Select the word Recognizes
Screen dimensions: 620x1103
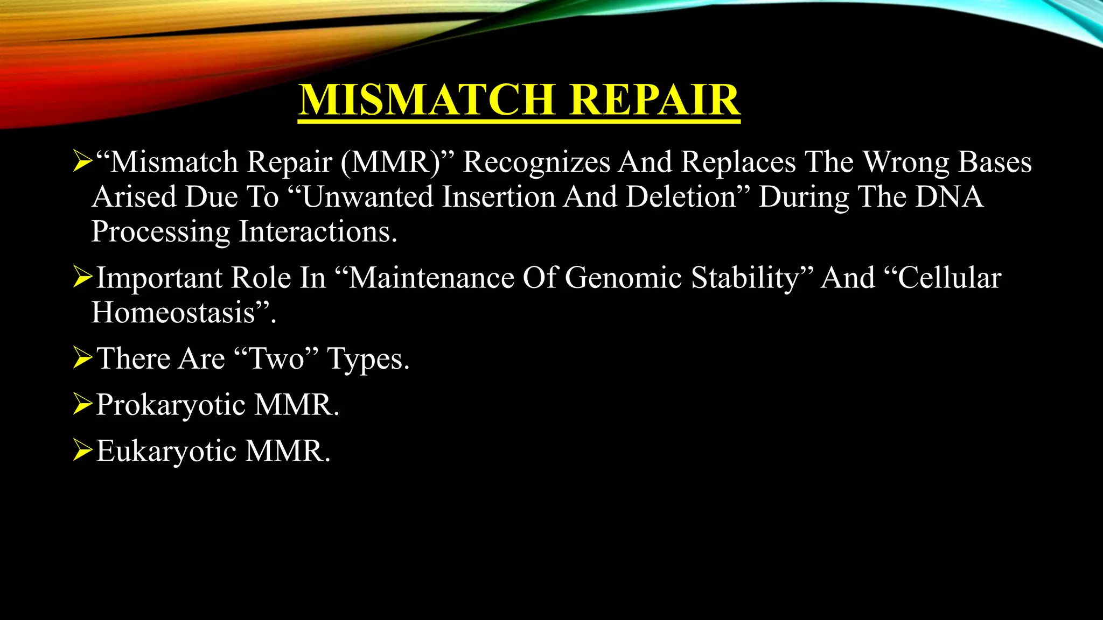536,162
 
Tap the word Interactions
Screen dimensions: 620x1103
318,232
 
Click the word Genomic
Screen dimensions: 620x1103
624,278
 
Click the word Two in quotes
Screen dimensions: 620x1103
277,358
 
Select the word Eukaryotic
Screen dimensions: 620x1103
166,451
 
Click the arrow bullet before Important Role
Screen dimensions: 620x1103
82,277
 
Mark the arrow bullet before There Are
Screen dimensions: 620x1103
82,358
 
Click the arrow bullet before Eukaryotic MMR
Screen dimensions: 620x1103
82,450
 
